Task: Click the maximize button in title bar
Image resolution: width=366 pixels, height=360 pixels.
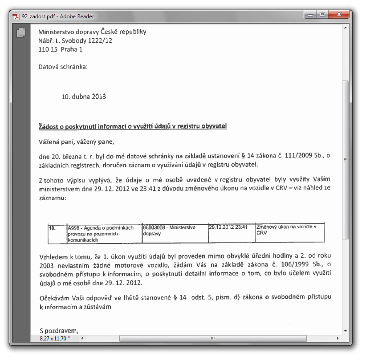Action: coord(322,15)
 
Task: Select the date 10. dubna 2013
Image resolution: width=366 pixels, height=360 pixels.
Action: coord(84,96)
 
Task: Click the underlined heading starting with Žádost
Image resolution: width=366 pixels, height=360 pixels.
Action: coord(133,126)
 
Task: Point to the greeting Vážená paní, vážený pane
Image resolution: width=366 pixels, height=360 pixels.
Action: coord(77,142)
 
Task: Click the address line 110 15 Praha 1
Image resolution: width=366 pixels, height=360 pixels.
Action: coord(60,49)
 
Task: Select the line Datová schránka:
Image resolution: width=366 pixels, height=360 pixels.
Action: coord(63,67)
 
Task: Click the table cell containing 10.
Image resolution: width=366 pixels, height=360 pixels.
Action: coord(57,233)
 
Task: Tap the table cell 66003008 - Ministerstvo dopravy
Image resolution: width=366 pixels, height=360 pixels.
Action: coord(175,233)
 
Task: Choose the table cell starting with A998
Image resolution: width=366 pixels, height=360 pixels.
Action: coord(104,233)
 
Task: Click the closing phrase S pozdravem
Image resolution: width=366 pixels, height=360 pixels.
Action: coord(58,331)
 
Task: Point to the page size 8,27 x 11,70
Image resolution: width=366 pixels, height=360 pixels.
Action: coord(55,339)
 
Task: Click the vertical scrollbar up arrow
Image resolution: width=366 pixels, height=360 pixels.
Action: coord(346,27)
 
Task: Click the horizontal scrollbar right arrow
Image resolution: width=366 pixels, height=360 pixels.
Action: coord(339,339)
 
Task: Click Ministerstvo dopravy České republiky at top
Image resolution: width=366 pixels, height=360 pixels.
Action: coord(92,32)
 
